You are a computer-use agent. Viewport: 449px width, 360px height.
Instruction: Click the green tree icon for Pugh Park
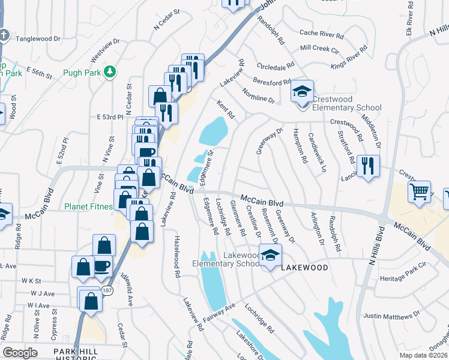109,73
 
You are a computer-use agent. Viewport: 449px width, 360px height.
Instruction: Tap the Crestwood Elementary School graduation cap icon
303,92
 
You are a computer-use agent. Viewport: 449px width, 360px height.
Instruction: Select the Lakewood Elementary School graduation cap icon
270,254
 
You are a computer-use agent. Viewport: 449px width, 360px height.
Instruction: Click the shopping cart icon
420,192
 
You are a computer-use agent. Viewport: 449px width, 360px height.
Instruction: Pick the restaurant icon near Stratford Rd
367,166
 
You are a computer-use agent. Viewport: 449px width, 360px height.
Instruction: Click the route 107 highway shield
107,290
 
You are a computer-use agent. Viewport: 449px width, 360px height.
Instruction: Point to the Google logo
20,353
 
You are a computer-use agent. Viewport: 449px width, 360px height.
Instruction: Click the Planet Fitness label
88,207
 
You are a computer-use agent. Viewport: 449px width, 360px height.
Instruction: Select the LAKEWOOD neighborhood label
304,268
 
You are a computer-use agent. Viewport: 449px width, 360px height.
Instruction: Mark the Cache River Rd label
321,34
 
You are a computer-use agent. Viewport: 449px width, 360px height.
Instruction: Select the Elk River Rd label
410,17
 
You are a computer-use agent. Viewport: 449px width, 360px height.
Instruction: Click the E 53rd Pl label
110,116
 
